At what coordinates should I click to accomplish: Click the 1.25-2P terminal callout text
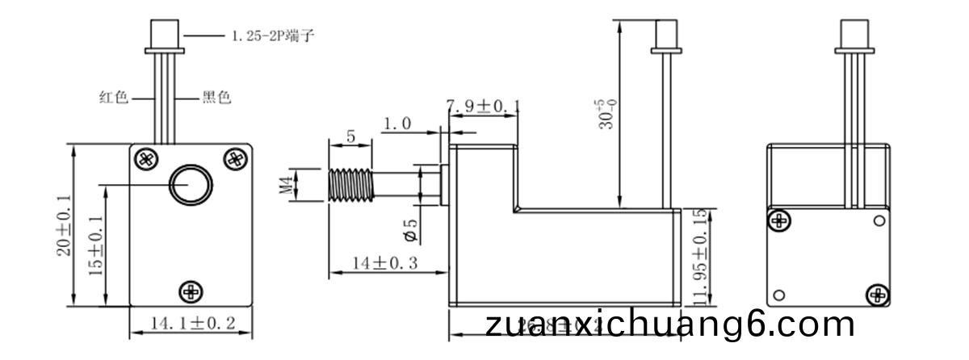267,36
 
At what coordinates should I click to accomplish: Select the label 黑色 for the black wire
216,98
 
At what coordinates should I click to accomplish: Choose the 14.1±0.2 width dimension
192,324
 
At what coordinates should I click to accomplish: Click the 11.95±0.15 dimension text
699,257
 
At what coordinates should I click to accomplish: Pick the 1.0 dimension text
397,124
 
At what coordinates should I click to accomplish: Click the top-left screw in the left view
146,158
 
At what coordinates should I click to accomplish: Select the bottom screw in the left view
191,291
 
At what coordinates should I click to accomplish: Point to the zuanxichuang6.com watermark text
670,325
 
